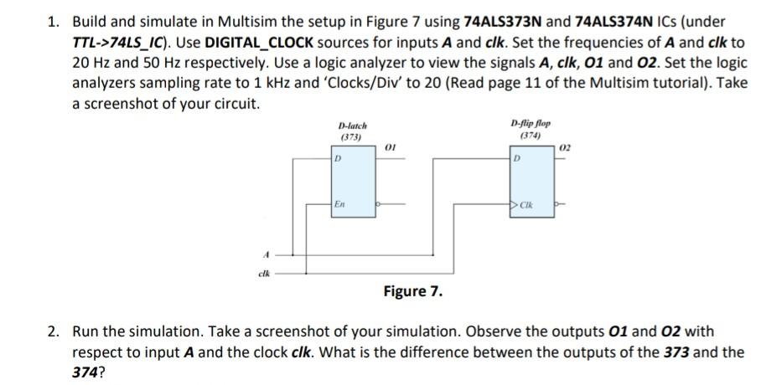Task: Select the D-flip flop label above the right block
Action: [529, 124]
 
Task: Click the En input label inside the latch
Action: [339, 203]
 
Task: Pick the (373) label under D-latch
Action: [350, 136]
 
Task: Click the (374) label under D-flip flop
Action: [529, 136]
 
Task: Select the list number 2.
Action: [53, 332]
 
